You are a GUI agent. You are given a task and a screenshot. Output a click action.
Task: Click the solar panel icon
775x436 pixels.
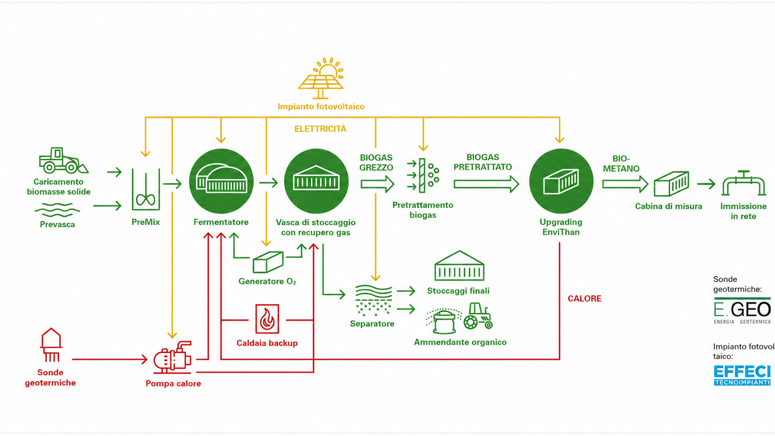click(321, 78)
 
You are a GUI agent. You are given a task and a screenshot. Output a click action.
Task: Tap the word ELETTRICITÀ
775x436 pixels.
click(320, 129)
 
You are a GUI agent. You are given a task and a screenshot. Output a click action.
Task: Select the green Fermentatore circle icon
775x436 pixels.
click(221, 181)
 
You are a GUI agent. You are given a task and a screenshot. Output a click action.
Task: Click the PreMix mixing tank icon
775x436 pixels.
click(146, 189)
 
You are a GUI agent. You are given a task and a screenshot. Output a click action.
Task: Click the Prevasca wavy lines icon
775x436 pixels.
click(57, 210)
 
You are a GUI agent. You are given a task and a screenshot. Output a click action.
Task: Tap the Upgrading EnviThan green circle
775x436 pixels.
click(561, 181)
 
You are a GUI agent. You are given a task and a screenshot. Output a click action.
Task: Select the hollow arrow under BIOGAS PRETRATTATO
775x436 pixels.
click(486, 184)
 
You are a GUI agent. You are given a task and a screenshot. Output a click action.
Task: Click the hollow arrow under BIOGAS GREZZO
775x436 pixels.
click(377, 184)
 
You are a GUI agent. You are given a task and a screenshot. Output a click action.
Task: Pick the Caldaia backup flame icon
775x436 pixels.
click(267, 319)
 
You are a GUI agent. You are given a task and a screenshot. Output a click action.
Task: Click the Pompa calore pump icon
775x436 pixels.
click(172, 358)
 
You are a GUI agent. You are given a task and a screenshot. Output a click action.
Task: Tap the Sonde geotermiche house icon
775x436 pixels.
click(51, 345)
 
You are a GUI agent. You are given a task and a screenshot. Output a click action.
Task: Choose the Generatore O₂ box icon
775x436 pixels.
click(268, 262)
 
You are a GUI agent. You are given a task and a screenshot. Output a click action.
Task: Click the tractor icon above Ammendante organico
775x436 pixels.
click(478, 316)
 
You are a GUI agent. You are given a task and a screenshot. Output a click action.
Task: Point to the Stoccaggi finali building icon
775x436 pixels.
click(459, 266)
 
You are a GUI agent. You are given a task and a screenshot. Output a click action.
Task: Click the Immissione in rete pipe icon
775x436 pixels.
click(743, 183)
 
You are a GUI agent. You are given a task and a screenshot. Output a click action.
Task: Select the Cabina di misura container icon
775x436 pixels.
click(671, 184)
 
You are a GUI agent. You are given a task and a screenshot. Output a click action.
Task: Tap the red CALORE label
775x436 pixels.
click(584, 299)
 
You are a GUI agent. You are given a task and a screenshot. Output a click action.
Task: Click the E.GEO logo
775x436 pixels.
click(742, 310)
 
